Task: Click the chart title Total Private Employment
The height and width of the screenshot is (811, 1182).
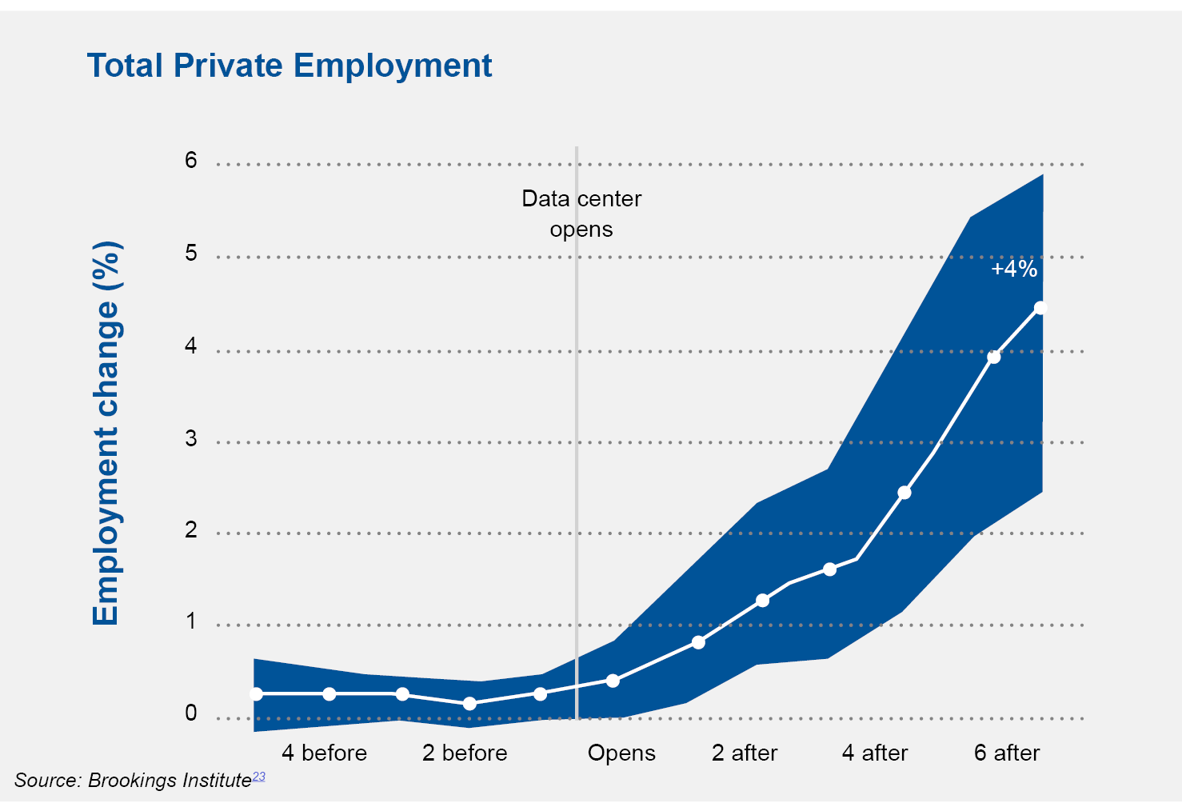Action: tap(290, 66)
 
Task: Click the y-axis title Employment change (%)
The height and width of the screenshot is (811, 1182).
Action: tap(106, 433)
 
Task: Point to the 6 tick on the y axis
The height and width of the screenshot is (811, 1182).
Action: tap(191, 161)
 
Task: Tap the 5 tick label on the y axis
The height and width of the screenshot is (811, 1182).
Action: tap(191, 254)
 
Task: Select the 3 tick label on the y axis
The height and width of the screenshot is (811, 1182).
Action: tap(191, 438)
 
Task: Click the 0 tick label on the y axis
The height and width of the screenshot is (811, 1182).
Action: tap(191, 713)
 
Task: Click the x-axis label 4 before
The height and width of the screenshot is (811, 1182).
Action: tap(324, 753)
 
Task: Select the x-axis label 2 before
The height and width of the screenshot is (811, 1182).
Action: tap(465, 753)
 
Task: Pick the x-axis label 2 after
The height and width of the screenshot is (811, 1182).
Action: tap(745, 753)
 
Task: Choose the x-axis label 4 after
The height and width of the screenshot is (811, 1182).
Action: tap(875, 753)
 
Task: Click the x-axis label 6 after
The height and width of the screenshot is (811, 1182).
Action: tap(1007, 753)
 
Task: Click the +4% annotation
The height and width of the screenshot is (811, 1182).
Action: tap(1014, 269)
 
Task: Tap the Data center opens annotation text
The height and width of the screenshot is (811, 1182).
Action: tap(581, 214)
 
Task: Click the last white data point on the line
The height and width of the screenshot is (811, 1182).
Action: tap(1040, 308)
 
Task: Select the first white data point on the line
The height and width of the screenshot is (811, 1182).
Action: tap(256, 694)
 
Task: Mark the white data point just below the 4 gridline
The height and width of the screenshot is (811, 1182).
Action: tap(993, 358)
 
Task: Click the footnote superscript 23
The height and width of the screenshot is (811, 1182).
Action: tap(258, 777)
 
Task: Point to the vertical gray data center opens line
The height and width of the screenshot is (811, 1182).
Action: tap(577, 433)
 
